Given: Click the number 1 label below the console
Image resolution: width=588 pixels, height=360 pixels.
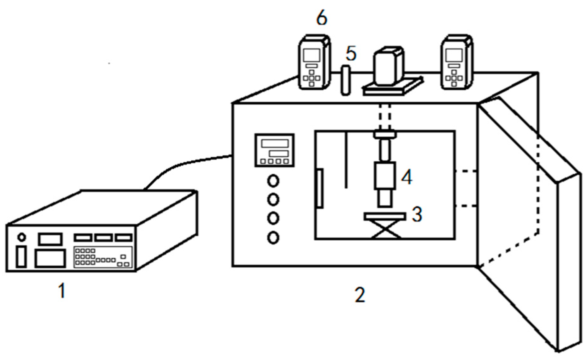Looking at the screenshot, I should click(x=62, y=291).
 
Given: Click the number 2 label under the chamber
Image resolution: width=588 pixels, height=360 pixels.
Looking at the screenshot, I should click(x=359, y=294).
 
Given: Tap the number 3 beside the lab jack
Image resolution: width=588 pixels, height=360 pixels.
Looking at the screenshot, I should click(x=417, y=214).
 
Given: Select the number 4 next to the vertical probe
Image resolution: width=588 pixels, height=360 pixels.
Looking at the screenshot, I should click(x=407, y=177).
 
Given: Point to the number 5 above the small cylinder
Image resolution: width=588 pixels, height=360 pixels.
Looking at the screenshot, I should click(x=351, y=54).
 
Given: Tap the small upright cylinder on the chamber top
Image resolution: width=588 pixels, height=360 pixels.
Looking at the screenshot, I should click(x=346, y=80).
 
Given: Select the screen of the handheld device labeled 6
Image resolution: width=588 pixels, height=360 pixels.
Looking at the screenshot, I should click(x=311, y=55).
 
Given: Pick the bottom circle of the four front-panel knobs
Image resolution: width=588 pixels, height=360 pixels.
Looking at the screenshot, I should click(x=273, y=237).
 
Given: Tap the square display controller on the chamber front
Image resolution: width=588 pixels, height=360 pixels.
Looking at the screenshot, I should click(x=275, y=150).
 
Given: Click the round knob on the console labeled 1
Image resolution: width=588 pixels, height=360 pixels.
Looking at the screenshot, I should click(x=21, y=237).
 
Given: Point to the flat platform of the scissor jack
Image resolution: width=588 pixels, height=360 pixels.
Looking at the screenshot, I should click(x=384, y=216).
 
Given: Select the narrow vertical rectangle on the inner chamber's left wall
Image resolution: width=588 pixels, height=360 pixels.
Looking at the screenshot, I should click(x=319, y=189).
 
